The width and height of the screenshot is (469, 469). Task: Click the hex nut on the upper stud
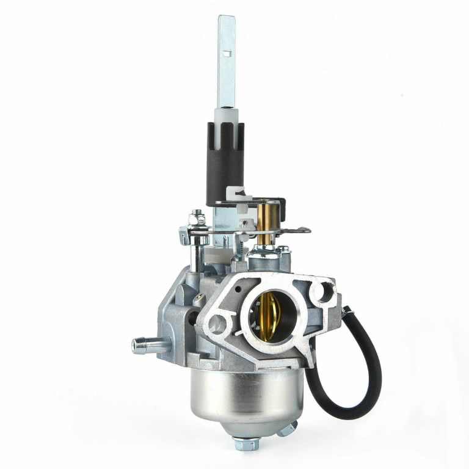197,216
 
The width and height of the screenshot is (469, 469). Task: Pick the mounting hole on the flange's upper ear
319,292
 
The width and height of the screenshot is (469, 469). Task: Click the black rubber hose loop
360,391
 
